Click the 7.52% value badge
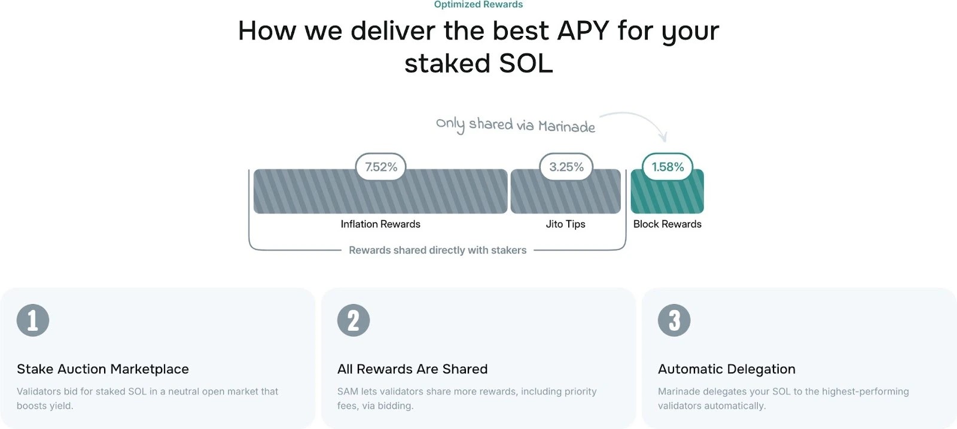380,167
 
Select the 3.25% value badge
566,167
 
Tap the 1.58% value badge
668,167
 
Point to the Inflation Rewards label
380,224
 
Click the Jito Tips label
565,224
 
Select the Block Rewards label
668,224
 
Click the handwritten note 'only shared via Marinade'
515,125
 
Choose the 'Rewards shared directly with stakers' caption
437,250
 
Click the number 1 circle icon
33,321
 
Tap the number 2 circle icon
353,321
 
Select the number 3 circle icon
674,321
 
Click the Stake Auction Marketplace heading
102,369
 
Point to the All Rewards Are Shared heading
412,369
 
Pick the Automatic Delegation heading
727,369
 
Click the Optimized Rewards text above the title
478,4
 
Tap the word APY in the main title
583,31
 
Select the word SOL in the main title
526,63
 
